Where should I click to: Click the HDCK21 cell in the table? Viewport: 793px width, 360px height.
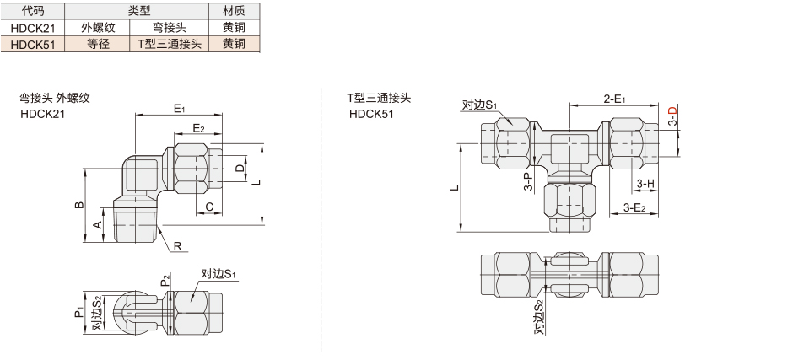(33, 28)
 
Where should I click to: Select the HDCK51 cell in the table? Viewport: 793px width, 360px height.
(33, 44)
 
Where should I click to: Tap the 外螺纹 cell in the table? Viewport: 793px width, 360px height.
(98, 28)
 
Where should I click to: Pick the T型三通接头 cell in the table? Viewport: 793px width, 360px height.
(170, 44)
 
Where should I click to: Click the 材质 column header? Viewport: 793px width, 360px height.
(235, 11)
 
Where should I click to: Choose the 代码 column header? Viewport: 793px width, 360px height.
(33, 11)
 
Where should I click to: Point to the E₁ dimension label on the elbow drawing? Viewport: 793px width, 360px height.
(180, 108)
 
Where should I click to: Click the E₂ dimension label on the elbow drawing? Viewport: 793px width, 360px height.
(198, 128)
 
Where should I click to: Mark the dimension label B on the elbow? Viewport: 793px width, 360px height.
(78, 205)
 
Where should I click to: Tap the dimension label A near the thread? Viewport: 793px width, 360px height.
(98, 224)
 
